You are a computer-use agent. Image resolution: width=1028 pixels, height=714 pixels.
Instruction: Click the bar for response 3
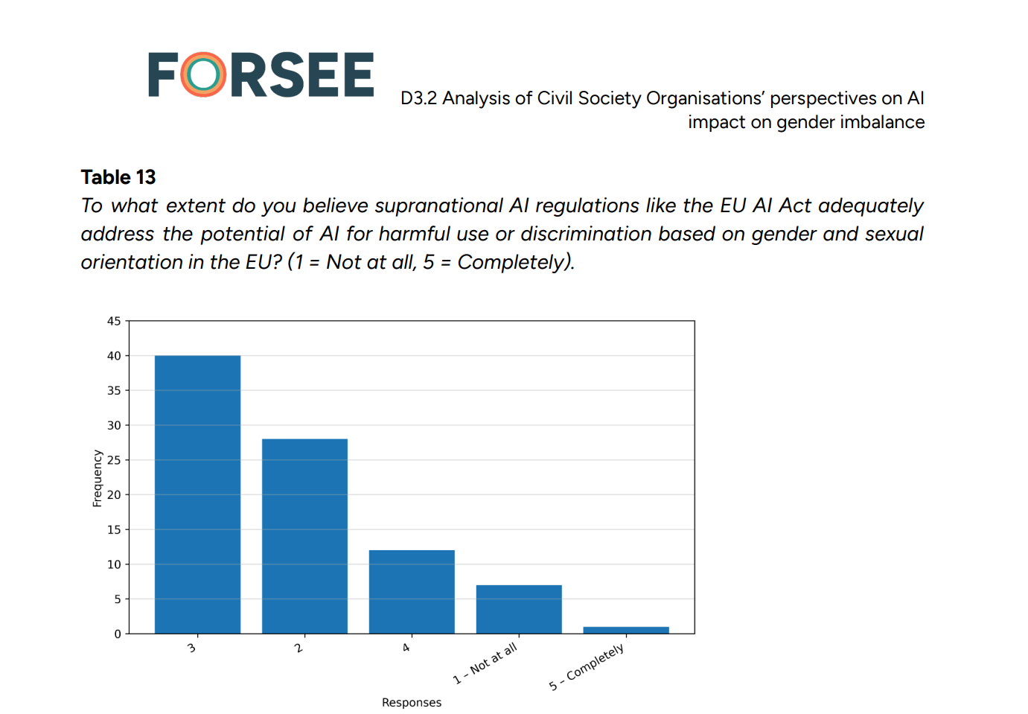click(x=198, y=494)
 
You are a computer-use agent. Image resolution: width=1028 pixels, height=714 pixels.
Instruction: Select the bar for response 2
click(x=304, y=536)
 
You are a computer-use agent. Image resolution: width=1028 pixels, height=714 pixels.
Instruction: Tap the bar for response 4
click(x=412, y=591)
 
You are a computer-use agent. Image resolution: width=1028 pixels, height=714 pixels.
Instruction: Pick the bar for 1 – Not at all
click(x=519, y=609)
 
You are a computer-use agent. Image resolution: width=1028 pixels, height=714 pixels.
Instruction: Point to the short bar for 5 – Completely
click(x=626, y=630)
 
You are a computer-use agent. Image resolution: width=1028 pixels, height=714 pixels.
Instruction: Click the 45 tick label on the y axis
click(x=114, y=321)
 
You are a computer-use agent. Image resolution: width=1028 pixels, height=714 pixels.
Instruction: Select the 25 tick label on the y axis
click(x=114, y=460)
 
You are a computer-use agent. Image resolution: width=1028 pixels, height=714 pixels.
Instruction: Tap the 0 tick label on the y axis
click(x=118, y=634)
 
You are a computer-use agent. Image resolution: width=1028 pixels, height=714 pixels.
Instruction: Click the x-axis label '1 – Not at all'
click(x=485, y=663)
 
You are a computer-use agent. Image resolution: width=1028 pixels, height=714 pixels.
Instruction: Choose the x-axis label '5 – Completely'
click(x=587, y=667)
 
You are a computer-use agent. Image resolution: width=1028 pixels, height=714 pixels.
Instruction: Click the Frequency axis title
click(x=97, y=478)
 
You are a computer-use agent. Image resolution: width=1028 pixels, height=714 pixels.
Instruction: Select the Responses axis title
click(x=412, y=702)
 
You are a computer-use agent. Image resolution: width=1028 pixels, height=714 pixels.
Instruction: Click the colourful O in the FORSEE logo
click(x=203, y=74)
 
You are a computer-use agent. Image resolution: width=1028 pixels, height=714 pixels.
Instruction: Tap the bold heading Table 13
click(x=118, y=177)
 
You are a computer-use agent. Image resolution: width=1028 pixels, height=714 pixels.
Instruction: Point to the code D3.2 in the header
click(x=418, y=98)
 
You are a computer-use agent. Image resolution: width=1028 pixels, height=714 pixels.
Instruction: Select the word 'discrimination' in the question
click(x=586, y=234)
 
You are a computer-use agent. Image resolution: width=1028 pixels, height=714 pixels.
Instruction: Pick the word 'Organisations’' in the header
click(x=705, y=99)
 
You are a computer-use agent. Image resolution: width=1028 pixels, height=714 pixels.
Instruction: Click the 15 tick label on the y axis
click(x=114, y=529)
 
